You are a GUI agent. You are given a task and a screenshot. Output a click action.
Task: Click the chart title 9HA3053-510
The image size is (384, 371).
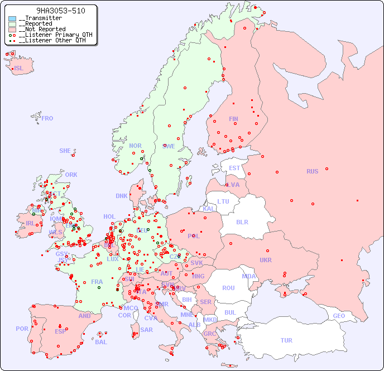coord(53,11)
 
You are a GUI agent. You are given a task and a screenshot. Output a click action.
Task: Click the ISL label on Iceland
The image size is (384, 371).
coord(19,69)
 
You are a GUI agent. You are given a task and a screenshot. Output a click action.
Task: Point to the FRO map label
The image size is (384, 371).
coord(47,118)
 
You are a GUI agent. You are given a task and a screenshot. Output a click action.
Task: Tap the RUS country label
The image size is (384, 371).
coord(312,171)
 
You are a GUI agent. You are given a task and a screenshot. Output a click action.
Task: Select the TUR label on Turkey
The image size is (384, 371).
coord(286,340)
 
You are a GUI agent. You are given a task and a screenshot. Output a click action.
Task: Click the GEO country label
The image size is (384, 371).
coord(339,316)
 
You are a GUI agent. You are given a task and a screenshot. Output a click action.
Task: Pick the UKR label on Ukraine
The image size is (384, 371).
coord(266,260)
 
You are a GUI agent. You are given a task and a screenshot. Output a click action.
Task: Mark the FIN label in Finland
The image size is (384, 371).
coord(233,119)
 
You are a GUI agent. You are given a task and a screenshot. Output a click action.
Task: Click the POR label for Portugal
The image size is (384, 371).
coord(22,329)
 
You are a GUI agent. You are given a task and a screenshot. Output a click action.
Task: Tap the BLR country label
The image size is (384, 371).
coord(242,221)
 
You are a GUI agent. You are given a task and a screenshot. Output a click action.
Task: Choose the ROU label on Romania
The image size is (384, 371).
coord(228,288)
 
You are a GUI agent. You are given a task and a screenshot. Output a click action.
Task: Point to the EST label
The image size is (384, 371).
coord(234,168)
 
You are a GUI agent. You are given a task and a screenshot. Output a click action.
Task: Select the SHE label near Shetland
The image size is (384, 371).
coord(65,151)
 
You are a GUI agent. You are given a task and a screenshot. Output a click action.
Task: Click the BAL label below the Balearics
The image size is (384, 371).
coord(100,342)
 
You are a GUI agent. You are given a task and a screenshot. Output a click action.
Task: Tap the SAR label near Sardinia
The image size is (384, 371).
coord(146,330)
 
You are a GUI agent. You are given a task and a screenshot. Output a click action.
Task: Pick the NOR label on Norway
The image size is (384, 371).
coord(135,146)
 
